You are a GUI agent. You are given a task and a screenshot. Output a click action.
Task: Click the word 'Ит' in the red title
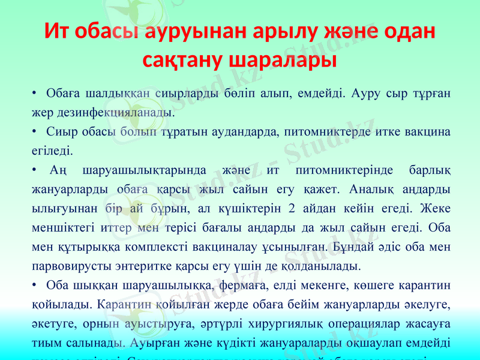(58, 32)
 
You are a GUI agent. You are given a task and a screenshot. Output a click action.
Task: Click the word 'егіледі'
(52, 146)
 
